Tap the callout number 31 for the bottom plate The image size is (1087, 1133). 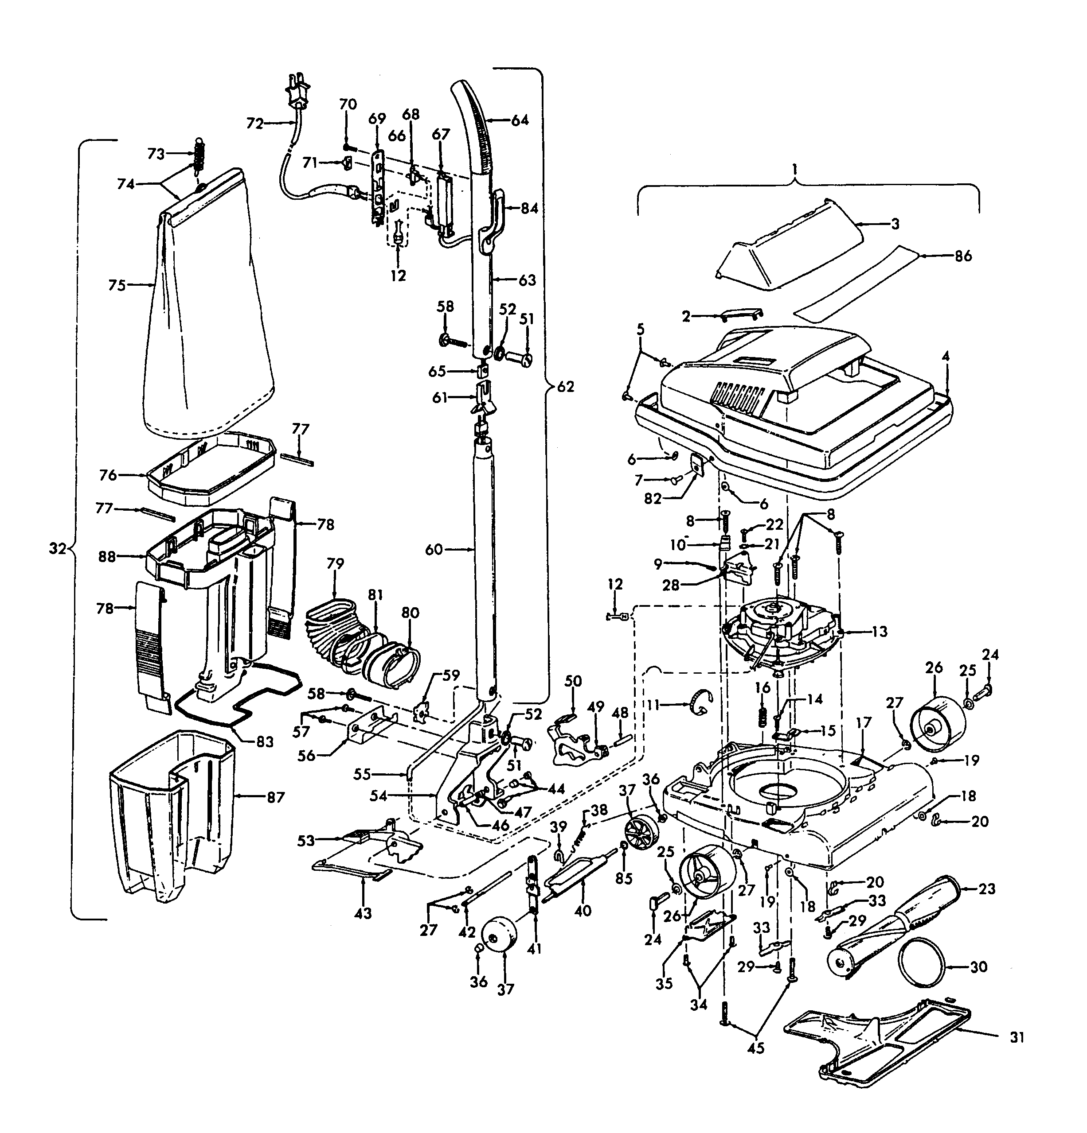pyautogui.click(x=1017, y=1038)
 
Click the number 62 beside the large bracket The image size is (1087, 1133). pyautogui.click(x=565, y=387)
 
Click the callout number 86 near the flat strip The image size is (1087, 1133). pyautogui.click(x=963, y=256)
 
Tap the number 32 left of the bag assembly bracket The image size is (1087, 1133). pyautogui.click(x=57, y=549)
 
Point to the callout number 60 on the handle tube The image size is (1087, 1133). pyautogui.click(x=434, y=549)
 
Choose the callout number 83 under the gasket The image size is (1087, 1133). pyautogui.click(x=264, y=741)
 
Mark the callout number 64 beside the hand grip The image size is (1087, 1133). pyautogui.click(x=520, y=120)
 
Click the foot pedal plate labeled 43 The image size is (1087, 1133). pyautogui.click(x=347, y=870)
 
